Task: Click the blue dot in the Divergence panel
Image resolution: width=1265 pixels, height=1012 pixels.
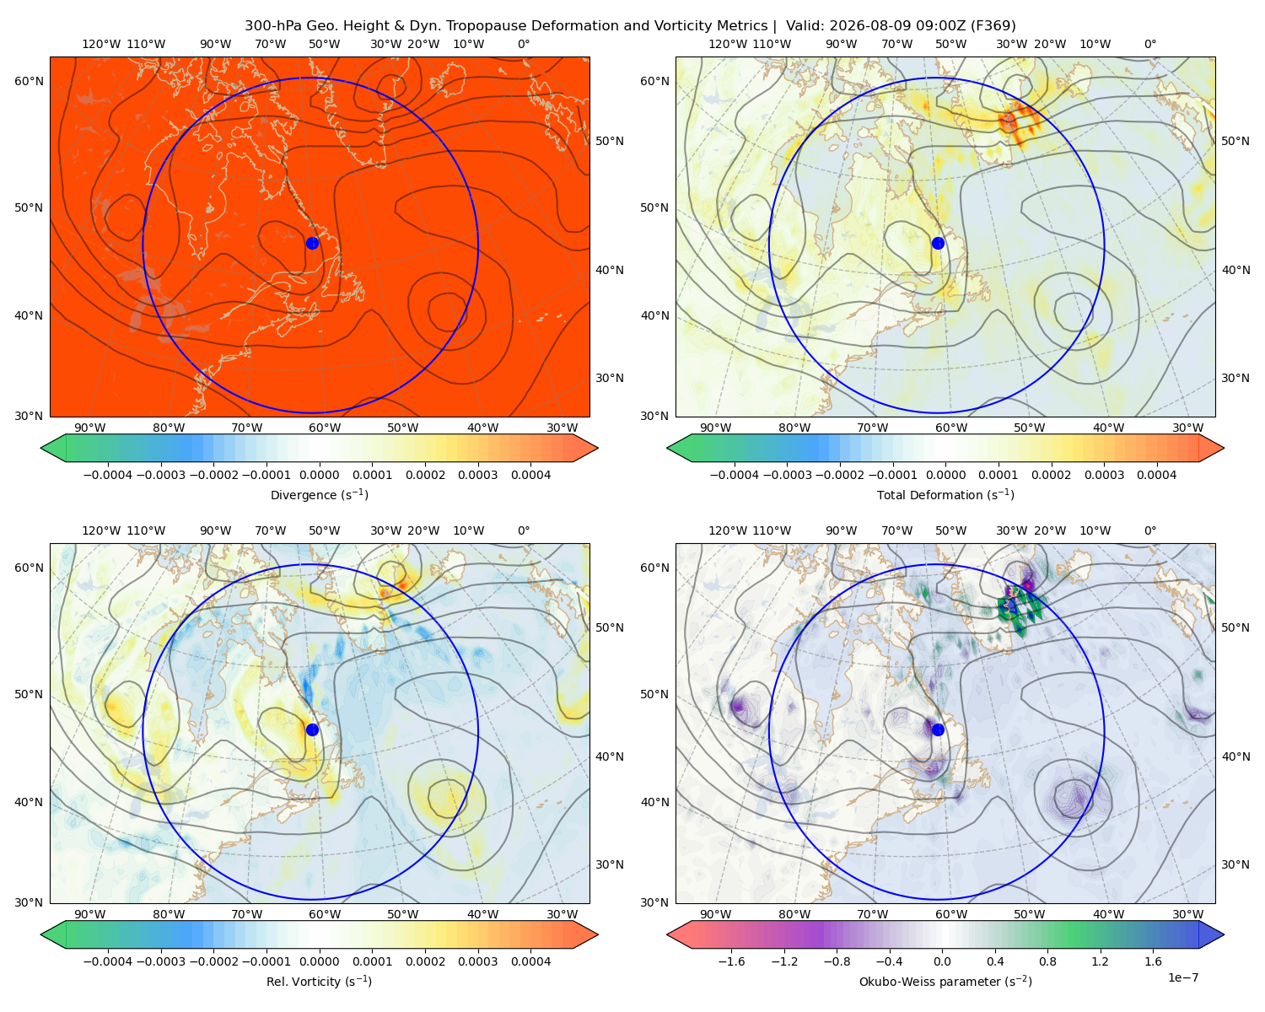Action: point(312,243)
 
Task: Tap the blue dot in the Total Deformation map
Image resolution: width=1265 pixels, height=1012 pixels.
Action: point(938,243)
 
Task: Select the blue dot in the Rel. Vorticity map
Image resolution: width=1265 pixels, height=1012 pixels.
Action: point(312,729)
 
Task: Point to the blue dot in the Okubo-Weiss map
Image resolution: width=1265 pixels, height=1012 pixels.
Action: point(938,729)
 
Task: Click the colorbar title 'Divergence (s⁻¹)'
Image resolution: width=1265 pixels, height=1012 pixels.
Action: point(319,494)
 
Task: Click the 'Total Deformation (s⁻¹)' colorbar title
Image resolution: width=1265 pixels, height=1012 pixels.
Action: point(945,494)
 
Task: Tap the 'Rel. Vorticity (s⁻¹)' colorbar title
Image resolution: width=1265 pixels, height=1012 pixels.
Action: point(319,981)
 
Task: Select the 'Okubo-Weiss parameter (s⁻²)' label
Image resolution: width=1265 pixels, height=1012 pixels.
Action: point(945,981)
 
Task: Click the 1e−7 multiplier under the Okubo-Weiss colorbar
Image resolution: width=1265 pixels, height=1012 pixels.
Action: point(1182,977)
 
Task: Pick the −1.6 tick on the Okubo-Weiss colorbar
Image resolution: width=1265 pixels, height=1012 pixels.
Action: point(731,961)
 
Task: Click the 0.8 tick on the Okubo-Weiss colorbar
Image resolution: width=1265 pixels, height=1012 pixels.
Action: point(1047,961)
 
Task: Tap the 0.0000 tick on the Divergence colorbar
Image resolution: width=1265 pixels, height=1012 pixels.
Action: point(319,475)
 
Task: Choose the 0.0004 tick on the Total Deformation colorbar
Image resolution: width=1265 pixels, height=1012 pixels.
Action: point(1156,475)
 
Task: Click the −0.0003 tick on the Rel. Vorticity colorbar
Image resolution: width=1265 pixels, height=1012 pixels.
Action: point(160,961)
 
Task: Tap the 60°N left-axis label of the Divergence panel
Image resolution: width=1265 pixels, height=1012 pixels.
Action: point(29,81)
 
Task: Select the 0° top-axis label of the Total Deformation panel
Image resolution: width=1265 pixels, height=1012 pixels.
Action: point(1149,44)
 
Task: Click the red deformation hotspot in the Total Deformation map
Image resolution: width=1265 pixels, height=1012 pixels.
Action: point(1009,121)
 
